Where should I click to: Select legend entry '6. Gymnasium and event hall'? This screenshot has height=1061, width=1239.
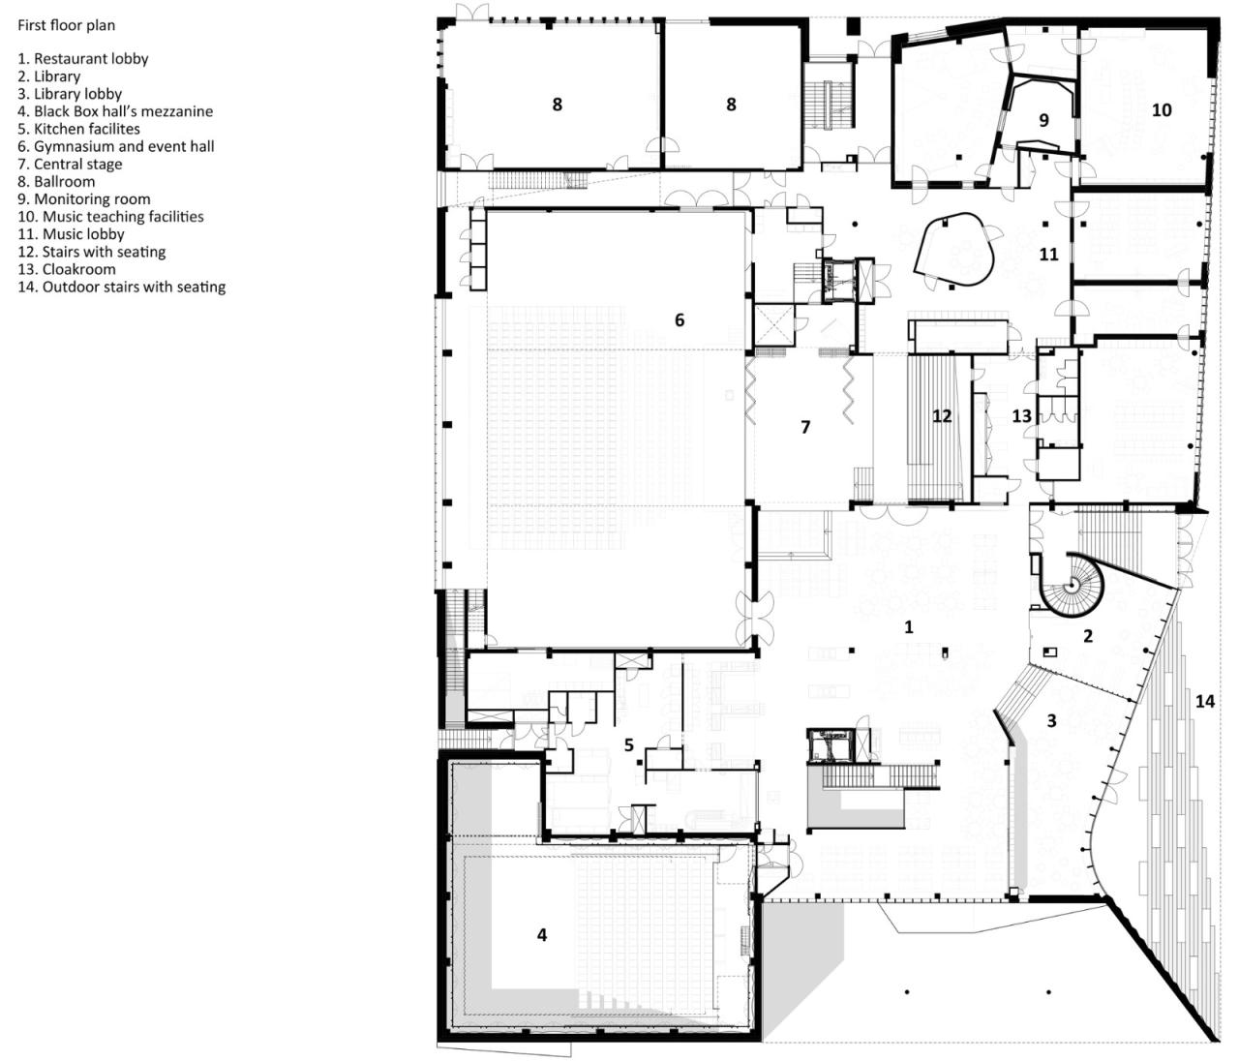pyautogui.click(x=116, y=146)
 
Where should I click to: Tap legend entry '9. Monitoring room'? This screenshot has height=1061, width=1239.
pyautogui.click(x=84, y=199)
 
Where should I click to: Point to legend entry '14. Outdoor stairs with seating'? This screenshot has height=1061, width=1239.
pyautogui.click(x=121, y=287)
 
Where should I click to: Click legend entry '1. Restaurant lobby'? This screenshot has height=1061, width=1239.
pyautogui.click(x=83, y=59)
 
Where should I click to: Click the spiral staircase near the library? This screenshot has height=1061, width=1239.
pyautogui.click(x=1072, y=585)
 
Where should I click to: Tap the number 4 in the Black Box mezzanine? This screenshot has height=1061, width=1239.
pyautogui.click(x=542, y=934)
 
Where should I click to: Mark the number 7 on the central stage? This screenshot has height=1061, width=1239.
pyautogui.click(x=805, y=426)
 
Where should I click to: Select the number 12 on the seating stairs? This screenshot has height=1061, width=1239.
pyautogui.click(x=942, y=416)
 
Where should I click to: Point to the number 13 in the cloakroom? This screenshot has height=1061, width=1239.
pyautogui.click(x=1022, y=416)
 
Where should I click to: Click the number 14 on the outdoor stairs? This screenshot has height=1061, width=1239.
pyautogui.click(x=1204, y=701)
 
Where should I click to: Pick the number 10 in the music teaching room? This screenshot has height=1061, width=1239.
pyautogui.click(x=1162, y=110)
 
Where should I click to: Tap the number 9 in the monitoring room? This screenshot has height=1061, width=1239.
pyautogui.click(x=1043, y=121)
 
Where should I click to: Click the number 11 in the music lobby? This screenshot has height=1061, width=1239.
pyautogui.click(x=1048, y=255)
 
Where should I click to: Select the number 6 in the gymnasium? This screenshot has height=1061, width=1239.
pyautogui.click(x=680, y=319)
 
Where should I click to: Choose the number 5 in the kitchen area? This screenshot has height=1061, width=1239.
pyautogui.click(x=629, y=744)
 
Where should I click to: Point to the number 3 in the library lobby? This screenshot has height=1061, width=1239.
pyautogui.click(x=1051, y=721)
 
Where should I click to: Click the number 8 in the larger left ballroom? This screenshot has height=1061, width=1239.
pyautogui.click(x=557, y=105)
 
